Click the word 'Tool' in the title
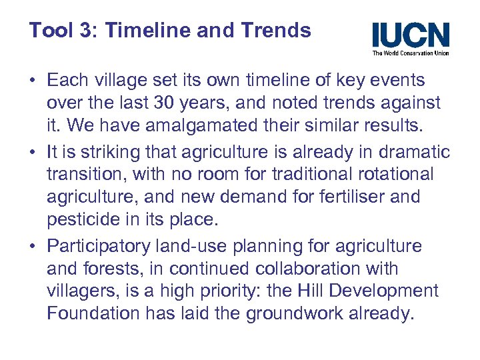(x=47, y=30)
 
